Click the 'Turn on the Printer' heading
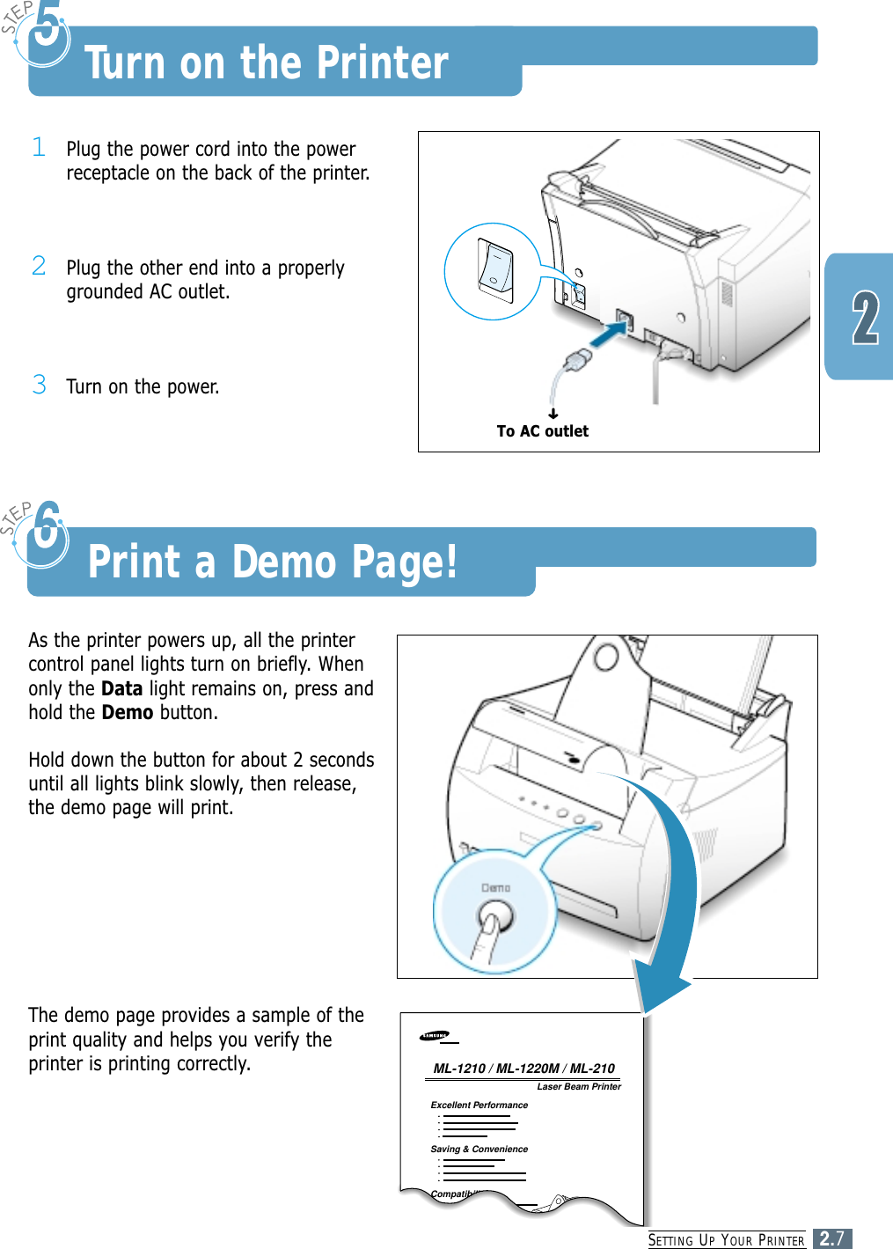(x=266, y=63)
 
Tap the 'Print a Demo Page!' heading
(x=273, y=562)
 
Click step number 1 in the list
(x=39, y=147)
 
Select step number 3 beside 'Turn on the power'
(x=39, y=385)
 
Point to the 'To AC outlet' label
(x=542, y=431)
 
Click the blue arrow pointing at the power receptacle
(x=607, y=334)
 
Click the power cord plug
(x=578, y=360)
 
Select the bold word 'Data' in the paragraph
(x=121, y=688)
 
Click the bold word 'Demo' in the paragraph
(x=127, y=712)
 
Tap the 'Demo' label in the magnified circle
(x=495, y=888)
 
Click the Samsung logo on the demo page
(x=435, y=1035)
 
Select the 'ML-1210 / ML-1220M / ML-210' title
(x=523, y=1069)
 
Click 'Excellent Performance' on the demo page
(x=479, y=1105)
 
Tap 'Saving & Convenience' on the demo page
(x=479, y=1149)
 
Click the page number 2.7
(x=831, y=1238)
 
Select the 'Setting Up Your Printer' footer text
(x=726, y=1240)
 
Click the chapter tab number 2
(x=865, y=319)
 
